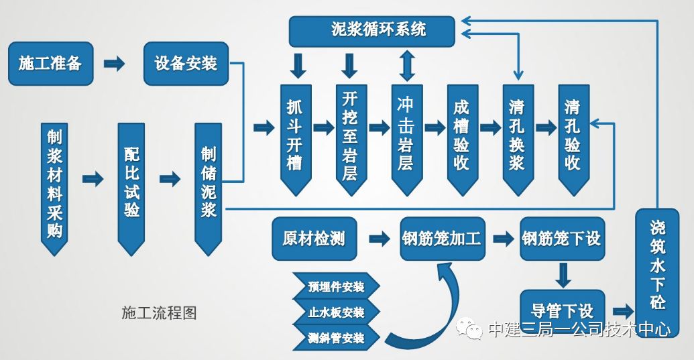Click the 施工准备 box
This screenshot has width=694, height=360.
(x=50, y=64)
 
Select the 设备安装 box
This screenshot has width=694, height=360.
(x=186, y=64)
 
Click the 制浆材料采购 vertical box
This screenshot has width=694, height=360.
(x=54, y=184)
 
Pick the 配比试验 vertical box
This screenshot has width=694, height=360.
(x=131, y=184)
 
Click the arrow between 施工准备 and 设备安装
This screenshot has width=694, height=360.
(x=115, y=64)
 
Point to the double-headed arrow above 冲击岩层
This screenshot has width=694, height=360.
(x=404, y=64)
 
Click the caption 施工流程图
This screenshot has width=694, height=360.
(x=159, y=313)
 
